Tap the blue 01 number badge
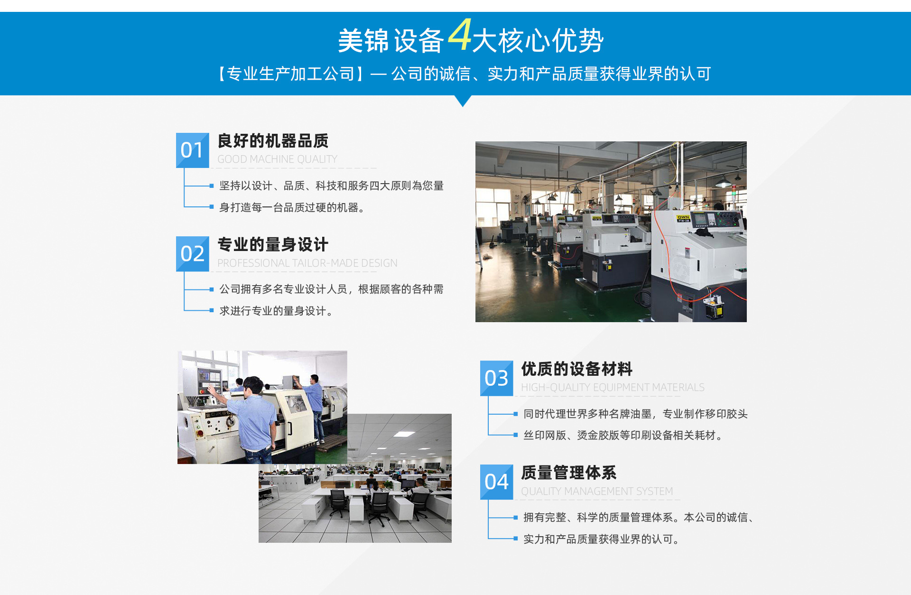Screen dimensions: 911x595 (x=193, y=150)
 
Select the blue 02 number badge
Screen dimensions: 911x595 (x=193, y=254)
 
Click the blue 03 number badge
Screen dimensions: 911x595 (x=497, y=378)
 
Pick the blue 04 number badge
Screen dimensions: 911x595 (x=497, y=482)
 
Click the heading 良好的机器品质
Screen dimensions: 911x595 (x=273, y=141)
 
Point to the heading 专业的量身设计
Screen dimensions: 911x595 (x=273, y=245)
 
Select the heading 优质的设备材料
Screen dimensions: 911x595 (x=577, y=369)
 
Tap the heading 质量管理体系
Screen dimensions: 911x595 (x=569, y=473)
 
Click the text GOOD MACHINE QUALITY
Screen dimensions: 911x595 (x=277, y=159)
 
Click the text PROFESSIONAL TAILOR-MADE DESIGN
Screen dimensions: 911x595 (x=307, y=263)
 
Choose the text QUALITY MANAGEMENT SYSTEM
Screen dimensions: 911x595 (x=597, y=492)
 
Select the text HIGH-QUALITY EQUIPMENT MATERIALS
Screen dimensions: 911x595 (x=613, y=388)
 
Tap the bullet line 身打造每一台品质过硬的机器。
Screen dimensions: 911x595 (x=292, y=207)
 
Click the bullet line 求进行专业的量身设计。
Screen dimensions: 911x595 (x=276, y=311)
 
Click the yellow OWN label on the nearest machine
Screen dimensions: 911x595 (x=683, y=217)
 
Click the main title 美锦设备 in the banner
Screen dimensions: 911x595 (x=391, y=41)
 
